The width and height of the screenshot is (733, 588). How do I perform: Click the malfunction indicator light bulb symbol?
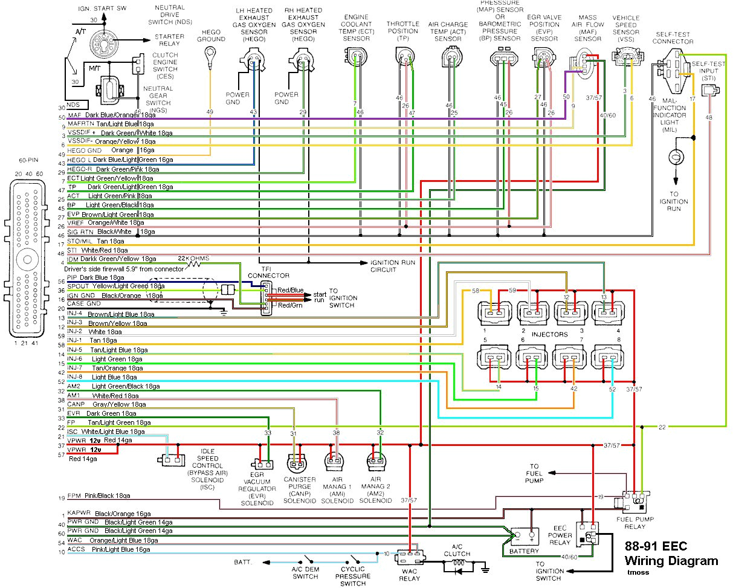pos(675,156)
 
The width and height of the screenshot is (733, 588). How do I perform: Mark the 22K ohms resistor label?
pos(196,258)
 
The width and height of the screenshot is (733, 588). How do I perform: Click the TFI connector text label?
pos(265,272)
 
